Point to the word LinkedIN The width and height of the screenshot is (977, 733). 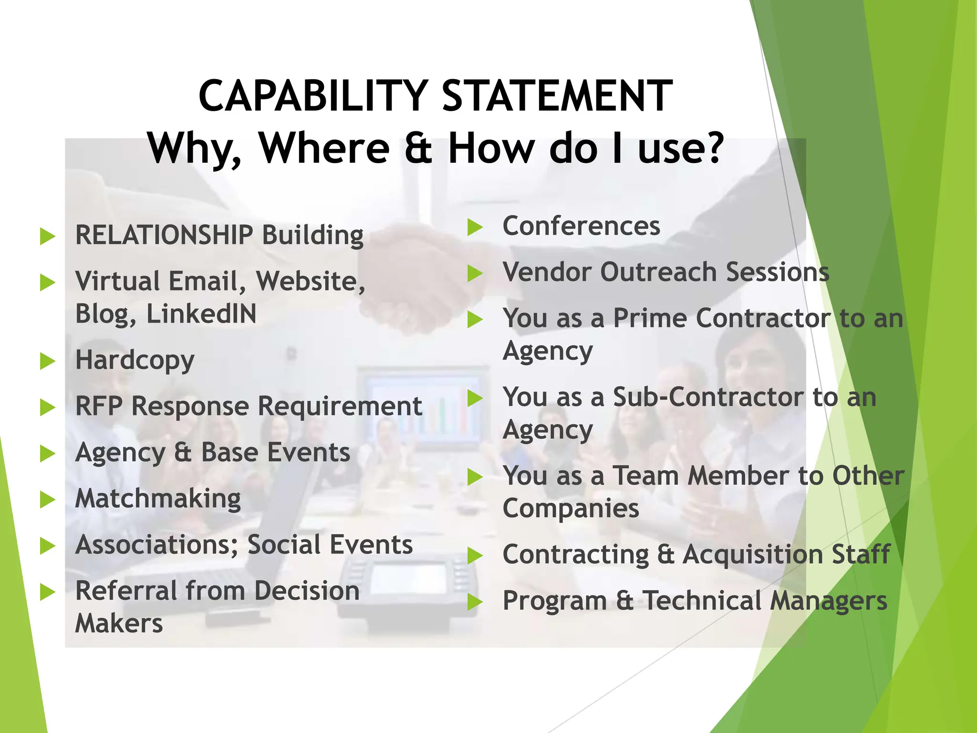pos(201,314)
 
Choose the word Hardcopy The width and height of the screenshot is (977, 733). pos(135,360)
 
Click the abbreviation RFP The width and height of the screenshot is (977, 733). pos(98,406)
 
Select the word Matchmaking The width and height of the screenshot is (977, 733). pos(158,499)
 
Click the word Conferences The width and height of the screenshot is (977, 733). pos(581,226)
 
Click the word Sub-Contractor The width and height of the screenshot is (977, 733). pos(708,397)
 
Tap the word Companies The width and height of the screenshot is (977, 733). pos(571,508)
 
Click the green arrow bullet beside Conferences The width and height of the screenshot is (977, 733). pos(475,227)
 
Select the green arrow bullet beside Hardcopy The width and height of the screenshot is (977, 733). pos(48,361)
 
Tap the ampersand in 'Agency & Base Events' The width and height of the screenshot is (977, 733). pos(183,452)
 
